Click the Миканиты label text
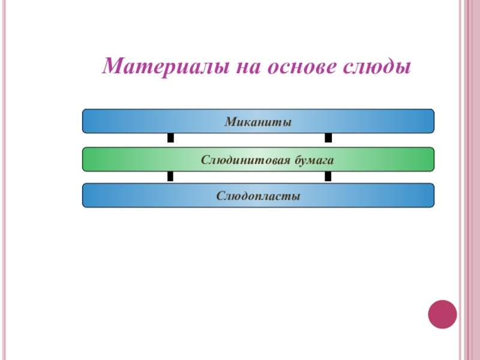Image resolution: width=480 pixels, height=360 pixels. click(x=258, y=122)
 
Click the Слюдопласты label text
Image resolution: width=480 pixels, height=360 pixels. click(x=258, y=196)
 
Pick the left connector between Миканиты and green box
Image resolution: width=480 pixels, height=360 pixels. click(x=170, y=139)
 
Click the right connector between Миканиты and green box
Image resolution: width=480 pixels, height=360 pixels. click(x=328, y=139)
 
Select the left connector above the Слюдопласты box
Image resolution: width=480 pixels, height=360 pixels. click(x=170, y=177)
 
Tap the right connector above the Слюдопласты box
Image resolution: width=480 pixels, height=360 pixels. click(x=328, y=177)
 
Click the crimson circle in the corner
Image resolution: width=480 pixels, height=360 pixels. click(x=442, y=314)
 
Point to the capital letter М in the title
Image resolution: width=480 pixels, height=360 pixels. click(x=111, y=66)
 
